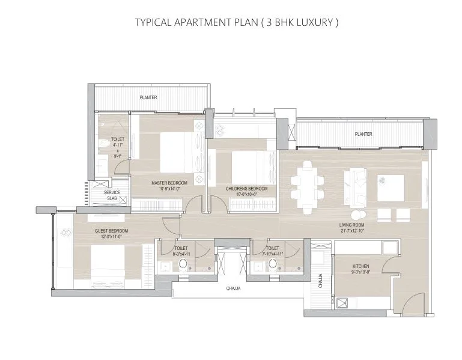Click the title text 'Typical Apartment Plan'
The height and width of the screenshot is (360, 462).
[237, 23]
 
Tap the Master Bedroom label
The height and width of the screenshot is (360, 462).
[169, 182]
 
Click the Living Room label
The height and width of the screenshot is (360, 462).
[353, 225]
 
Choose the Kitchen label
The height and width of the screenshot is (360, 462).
[361, 266]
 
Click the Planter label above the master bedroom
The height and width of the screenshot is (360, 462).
[148, 97]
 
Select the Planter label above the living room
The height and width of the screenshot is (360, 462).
[363, 134]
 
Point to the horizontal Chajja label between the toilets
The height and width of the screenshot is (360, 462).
[233, 288]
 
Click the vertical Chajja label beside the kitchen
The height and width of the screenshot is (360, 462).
[320, 281]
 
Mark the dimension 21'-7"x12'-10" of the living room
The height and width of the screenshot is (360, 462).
[353, 231]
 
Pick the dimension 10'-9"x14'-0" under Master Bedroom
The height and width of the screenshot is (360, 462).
[169, 188]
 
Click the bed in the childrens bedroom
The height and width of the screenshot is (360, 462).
[248, 163]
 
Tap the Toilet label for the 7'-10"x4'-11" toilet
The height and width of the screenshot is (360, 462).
[272, 248]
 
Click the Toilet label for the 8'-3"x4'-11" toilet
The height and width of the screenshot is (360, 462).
[181, 248]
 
